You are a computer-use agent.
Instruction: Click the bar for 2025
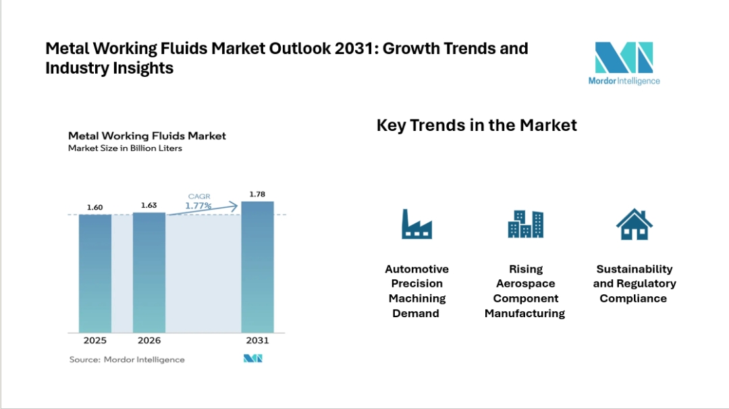[95, 273]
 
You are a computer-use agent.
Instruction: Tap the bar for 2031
[258, 267]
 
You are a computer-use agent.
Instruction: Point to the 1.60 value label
[94, 207]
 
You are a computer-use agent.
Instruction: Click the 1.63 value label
[149, 205]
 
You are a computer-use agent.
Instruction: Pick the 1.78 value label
[258, 194]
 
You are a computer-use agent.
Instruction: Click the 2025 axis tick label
[95, 340]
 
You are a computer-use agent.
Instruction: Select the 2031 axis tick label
[258, 340]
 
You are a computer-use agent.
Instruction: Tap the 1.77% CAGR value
[198, 206]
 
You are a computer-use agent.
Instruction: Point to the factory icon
[416, 224]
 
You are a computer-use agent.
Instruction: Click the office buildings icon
[525, 224]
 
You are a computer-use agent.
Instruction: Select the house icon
[634, 224]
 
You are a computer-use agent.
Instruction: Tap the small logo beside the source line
[252, 359]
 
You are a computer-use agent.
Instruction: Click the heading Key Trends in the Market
[477, 126]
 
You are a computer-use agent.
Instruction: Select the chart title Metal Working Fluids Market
[147, 136]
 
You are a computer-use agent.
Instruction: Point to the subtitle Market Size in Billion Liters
[125, 148]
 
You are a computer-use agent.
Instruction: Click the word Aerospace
[525, 283]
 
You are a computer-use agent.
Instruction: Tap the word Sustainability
[634, 269]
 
